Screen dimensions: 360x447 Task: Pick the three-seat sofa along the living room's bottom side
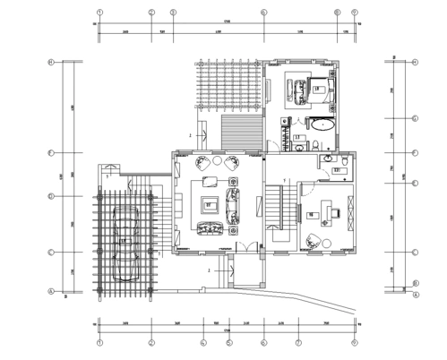click(211, 231)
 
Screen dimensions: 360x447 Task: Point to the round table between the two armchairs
click(217, 162)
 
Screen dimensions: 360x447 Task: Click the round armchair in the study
click(314, 240)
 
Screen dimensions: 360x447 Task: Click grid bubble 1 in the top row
click(100, 13)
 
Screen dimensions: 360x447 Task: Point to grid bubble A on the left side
click(52, 292)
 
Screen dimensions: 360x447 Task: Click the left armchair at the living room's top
click(202, 162)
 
